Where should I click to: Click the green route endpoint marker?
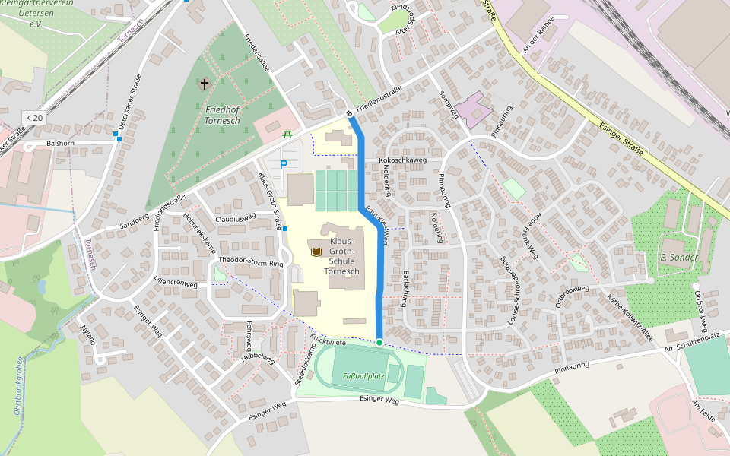click(379, 343)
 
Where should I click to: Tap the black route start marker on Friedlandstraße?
click(349, 114)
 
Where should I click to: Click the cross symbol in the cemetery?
click(204, 84)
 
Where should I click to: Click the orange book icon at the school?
click(315, 251)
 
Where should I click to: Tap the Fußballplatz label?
click(363, 376)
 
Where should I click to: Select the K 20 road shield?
click(33, 118)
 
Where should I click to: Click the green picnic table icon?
click(287, 135)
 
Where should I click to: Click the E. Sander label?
click(679, 258)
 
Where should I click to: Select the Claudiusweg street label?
click(236, 218)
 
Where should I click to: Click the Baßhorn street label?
click(60, 143)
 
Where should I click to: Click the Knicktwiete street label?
click(328, 340)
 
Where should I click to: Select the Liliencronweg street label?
click(176, 284)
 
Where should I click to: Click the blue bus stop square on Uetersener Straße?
click(117, 135)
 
